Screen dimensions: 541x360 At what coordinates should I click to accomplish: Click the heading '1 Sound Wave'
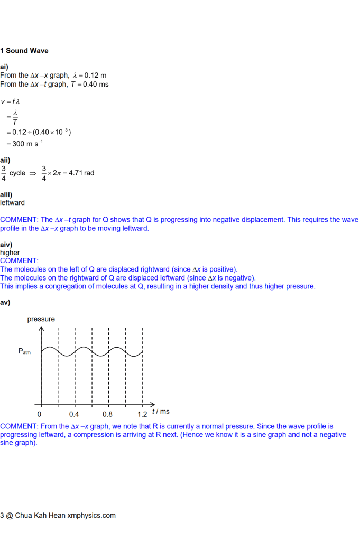coord(24,51)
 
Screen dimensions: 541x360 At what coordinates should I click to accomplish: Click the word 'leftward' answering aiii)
coord(12,202)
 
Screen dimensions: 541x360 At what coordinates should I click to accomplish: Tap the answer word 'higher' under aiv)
coord(10,253)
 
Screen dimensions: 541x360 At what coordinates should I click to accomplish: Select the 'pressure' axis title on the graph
coord(41,319)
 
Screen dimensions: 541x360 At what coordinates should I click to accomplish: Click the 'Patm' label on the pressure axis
coord(24,351)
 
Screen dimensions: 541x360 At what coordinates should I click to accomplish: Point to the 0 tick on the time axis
coord(39,414)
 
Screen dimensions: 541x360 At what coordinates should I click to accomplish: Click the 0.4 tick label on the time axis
coord(74,414)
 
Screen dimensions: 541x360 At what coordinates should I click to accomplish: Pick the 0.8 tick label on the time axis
coord(107,414)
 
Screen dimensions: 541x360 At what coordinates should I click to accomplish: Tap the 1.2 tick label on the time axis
coord(142,414)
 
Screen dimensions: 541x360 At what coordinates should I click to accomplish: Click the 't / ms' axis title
coord(161,412)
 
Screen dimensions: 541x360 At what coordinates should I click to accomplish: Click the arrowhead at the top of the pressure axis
coord(41,329)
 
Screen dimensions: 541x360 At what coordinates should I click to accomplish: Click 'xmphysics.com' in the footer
coord(91,515)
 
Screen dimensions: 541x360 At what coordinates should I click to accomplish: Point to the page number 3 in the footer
coord(2,515)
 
